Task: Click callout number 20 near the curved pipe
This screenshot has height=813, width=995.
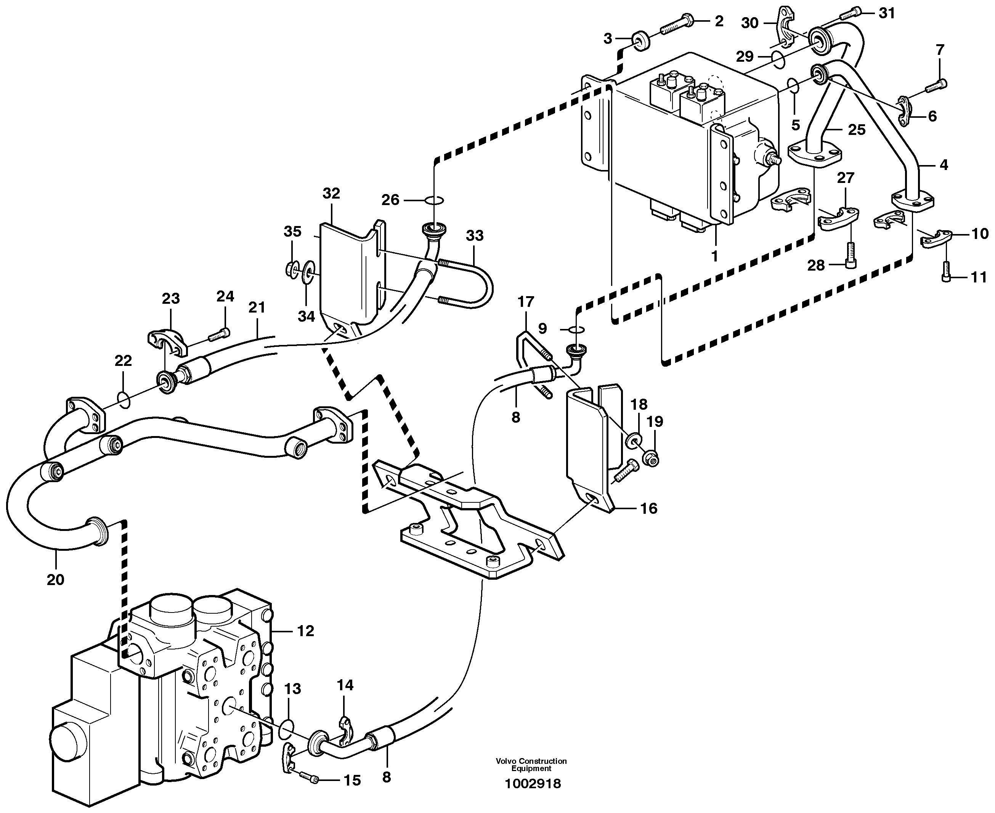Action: [x=55, y=580]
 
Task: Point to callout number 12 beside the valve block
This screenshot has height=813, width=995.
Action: [x=305, y=631]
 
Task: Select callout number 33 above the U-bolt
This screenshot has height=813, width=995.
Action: [x=474, y=236]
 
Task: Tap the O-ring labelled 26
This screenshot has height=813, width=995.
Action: [x=434, y=200]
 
